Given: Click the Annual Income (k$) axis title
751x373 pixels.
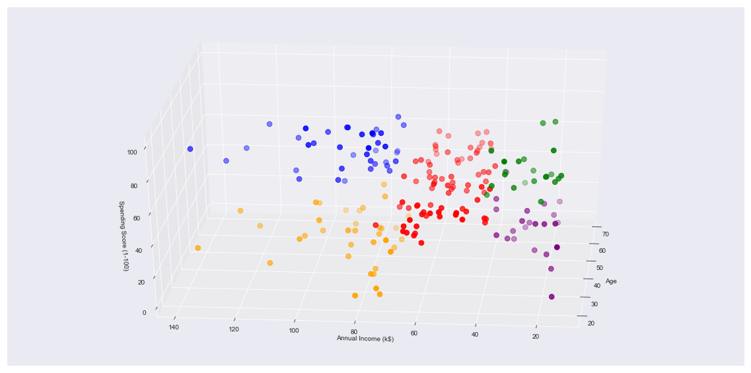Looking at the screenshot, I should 365,339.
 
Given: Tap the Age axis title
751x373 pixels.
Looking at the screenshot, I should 611,281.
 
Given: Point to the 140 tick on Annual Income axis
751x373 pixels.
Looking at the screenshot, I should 174,327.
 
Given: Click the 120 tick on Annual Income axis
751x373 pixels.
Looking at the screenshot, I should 233,329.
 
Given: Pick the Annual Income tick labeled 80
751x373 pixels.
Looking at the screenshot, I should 354,332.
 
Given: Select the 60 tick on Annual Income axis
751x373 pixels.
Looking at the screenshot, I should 414,333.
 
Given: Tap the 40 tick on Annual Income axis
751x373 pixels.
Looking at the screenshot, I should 475,335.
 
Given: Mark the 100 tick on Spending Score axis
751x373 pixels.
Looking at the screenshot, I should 132,152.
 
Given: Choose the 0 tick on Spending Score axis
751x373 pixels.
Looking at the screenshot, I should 143,312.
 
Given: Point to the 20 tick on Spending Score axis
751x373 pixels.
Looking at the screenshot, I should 141,282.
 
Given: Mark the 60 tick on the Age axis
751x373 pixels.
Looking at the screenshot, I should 602,251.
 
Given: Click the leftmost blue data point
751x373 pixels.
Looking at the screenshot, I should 190,149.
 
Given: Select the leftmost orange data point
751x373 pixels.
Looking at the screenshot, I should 197,248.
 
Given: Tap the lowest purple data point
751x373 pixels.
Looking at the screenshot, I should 552,296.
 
